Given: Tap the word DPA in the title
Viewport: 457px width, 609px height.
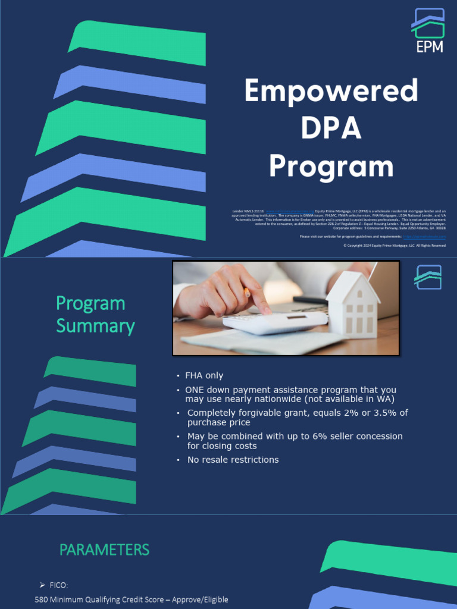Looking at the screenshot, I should (x=331, y=129).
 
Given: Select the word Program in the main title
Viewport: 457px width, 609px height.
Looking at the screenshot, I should (x=331, y=167).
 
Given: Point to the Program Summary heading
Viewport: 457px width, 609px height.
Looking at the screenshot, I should (x=95, y=315).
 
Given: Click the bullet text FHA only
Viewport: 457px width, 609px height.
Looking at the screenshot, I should (x=204, y=376).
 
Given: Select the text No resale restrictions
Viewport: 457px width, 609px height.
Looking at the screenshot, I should (x=233, y=460).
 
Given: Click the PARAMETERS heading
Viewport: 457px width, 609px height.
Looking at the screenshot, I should (x=104, y=550).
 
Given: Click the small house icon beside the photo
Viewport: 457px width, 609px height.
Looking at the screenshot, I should (x=428, y=277).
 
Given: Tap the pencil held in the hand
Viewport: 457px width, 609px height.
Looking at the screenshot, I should (x=246, y=292).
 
